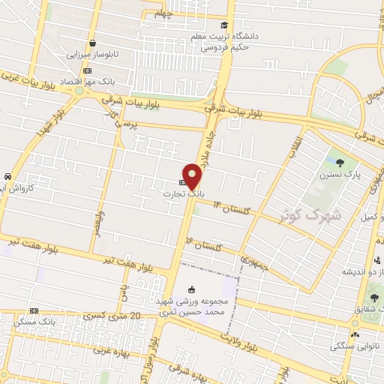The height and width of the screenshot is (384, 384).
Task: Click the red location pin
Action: [193, 176]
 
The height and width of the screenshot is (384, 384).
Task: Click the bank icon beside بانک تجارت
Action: [182, 182]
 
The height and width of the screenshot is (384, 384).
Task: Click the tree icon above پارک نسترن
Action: [341, 162]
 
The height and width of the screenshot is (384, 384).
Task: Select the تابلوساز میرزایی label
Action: [92, 55]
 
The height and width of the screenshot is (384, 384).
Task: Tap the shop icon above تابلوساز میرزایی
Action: [91, 43]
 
